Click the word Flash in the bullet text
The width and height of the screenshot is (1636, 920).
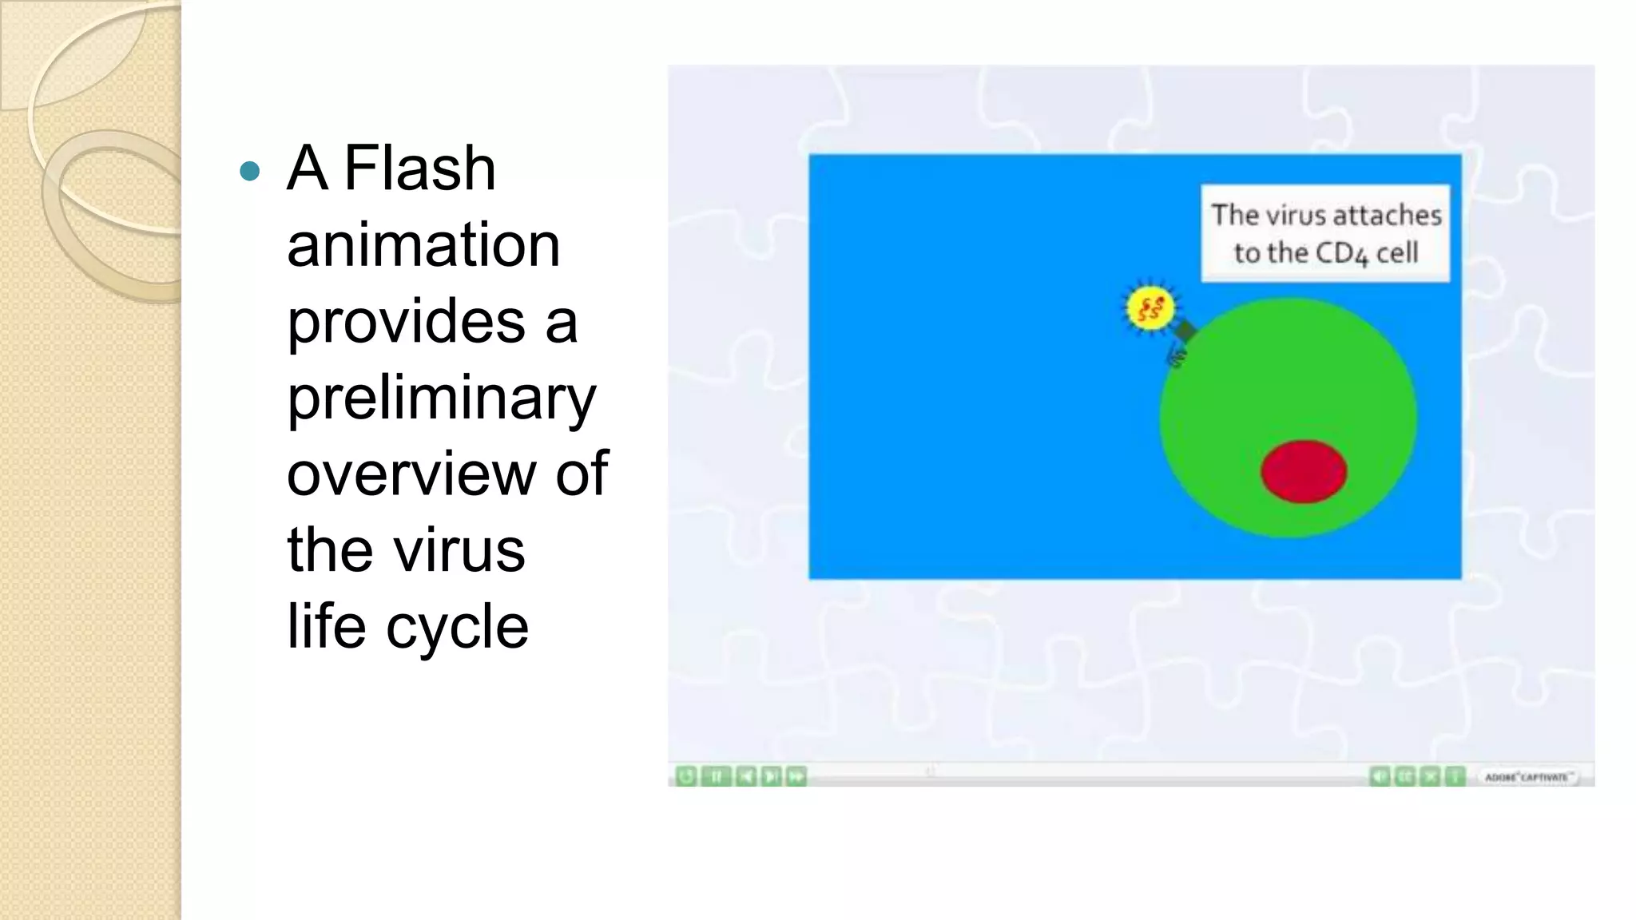419,169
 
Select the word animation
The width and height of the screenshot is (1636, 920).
423,245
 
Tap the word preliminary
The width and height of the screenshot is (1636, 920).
441,399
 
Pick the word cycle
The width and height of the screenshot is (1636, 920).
457,627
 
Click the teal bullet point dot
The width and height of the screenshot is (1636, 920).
250,171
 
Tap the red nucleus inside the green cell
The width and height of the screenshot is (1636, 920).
1304,471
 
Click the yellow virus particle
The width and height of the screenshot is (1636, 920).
1150,309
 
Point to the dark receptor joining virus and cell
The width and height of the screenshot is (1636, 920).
1185,330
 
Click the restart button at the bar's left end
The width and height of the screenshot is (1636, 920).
686,776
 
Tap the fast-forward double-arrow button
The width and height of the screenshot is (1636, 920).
796,776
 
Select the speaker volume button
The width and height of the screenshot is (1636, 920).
1380,776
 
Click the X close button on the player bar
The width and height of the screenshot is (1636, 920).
1431,776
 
